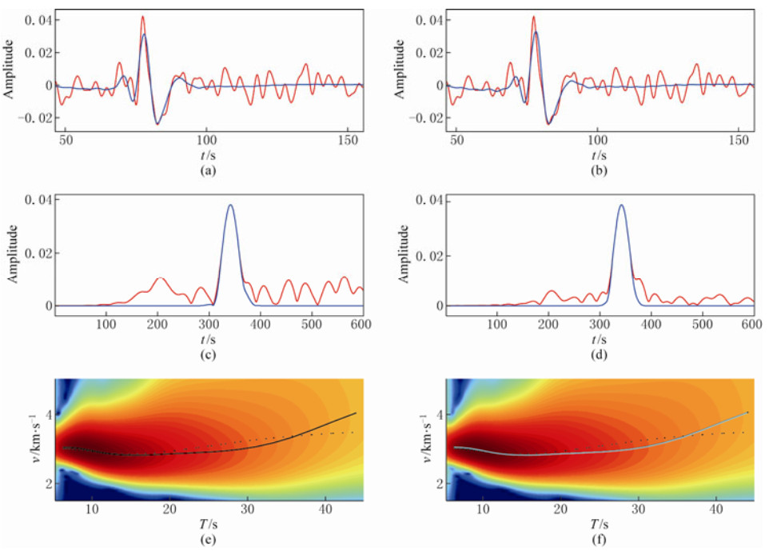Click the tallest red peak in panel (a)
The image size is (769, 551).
coord(143,17)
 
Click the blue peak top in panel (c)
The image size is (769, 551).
coord(230,206)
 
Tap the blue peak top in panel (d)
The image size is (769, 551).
coord(621,206)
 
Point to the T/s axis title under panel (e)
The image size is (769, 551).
coord(207,524)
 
